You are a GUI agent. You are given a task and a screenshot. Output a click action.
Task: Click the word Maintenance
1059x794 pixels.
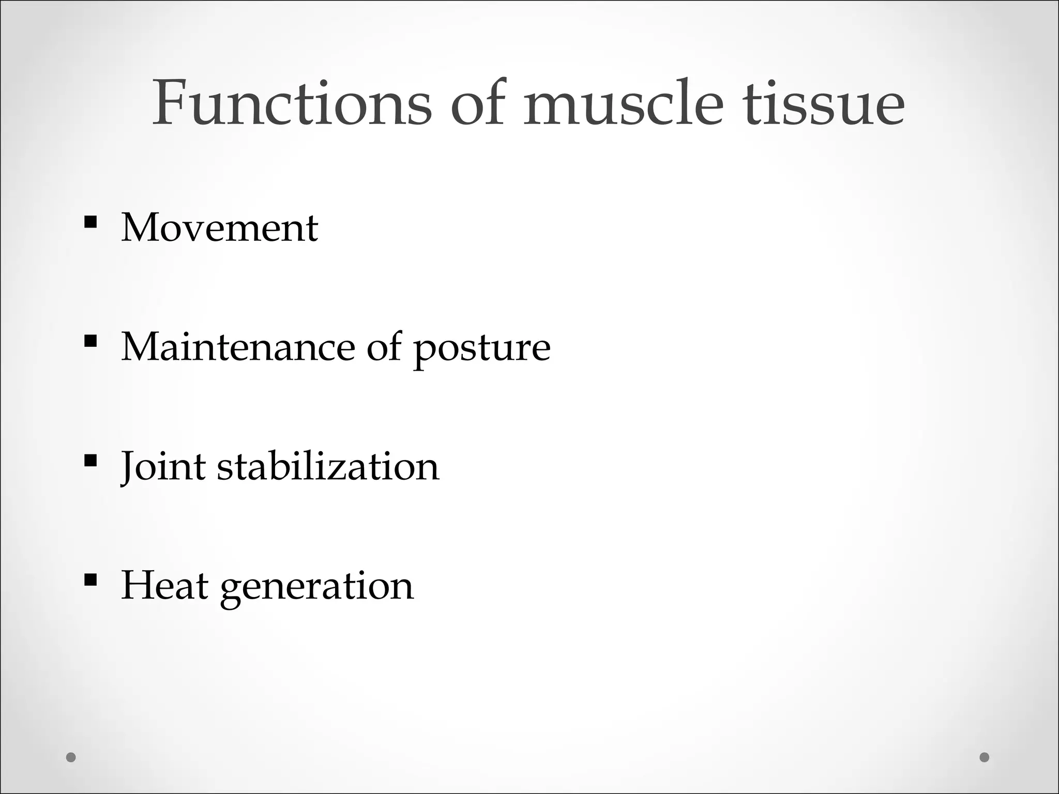click(238, 347)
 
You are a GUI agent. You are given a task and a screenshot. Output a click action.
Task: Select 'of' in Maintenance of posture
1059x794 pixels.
click(384, 347)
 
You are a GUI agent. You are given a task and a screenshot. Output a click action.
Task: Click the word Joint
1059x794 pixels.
click(163, 467)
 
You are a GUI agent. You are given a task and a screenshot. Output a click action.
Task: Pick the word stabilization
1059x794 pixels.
click(328, 467)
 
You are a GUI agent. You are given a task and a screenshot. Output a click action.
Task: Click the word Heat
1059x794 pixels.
click(164, 586)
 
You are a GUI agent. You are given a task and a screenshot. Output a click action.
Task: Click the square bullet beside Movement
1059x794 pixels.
click(90, 222)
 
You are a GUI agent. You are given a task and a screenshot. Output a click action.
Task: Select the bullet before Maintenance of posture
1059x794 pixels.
click(90, 341)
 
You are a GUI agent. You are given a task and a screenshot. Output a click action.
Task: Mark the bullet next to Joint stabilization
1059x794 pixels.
click(90, 460)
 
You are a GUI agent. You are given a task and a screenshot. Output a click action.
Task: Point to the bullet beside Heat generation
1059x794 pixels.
click(90, 579)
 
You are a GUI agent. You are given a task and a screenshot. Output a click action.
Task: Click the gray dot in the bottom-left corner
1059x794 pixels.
click(71, 757)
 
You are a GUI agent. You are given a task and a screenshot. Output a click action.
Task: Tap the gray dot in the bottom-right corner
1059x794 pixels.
click(985, 757)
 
